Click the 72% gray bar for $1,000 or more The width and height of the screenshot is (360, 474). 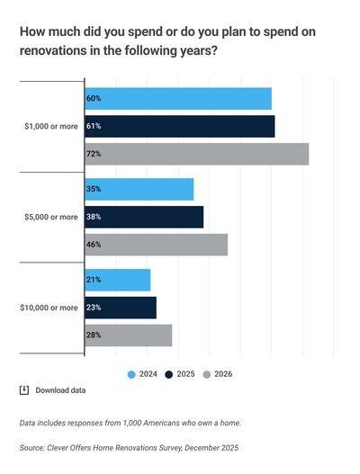196,154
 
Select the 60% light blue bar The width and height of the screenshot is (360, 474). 177,99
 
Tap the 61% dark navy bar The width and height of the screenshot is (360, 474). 179,127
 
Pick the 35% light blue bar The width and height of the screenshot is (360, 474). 139,190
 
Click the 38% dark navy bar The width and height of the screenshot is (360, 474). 144,217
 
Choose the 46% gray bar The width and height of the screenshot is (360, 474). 156,245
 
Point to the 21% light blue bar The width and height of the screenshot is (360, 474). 117,280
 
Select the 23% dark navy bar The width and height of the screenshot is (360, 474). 120,308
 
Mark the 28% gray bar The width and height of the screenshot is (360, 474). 128,335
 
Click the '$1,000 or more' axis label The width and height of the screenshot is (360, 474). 50,127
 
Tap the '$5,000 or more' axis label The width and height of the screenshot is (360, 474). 50,217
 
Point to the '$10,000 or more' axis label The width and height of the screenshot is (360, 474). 49,308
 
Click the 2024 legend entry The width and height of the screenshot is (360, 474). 144,373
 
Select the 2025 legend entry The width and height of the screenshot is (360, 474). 180,373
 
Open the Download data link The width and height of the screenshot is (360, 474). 60,390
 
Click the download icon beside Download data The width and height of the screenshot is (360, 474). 24,390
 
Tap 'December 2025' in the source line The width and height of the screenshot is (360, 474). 209,447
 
